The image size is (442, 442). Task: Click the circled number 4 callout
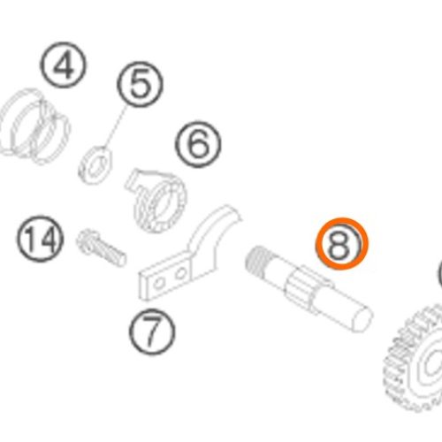(64, 65)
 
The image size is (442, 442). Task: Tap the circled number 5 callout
(140, 84)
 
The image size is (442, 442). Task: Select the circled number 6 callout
(198, 144)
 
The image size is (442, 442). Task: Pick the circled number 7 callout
(152, 331)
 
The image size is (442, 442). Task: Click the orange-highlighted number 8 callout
(342, 243)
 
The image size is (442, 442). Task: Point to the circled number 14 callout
(40, 239)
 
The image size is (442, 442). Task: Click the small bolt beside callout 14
(102, 248)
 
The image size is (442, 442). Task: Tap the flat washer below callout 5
(95, 165)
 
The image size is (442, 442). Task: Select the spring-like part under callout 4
(34, 126)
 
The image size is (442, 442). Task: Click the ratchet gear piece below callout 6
(156, 201)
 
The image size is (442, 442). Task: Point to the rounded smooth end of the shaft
(360, 320)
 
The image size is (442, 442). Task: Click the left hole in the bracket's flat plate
(159, 284)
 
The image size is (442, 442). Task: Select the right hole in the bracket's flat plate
(180, 274)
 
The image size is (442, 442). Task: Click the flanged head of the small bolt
(86, 240)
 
